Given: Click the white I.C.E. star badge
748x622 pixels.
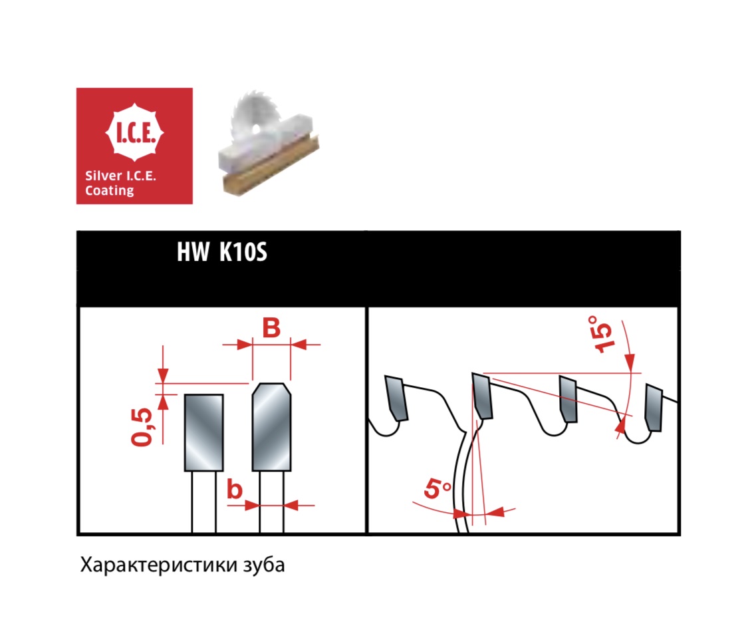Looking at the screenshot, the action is (134, 132).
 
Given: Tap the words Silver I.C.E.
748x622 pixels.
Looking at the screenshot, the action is (121, 176).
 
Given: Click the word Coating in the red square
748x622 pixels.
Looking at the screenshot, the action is (110, 190).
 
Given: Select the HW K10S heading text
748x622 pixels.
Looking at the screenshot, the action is (222, 251).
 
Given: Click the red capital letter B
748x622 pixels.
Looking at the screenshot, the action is (271, 327).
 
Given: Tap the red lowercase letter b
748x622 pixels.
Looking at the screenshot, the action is (234, 489).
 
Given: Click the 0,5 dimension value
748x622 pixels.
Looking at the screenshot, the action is (142, 428).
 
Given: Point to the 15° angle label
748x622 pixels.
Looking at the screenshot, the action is (600, 334).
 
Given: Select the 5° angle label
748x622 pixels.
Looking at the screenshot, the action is (437, 489).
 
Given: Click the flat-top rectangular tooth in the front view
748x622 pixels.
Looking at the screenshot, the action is (203, 432).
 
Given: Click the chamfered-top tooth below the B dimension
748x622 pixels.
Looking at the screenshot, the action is (271, 427).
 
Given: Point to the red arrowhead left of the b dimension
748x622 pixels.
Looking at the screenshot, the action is (251, 505).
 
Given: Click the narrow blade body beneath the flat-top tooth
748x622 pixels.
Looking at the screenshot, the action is (203, 502).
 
